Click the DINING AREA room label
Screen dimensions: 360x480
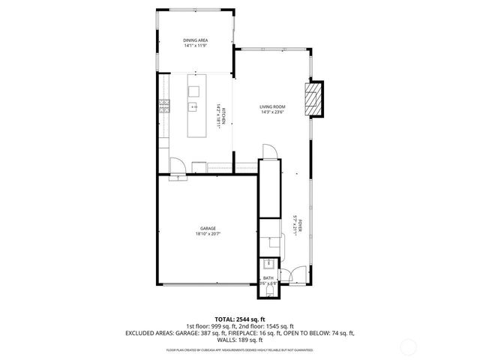[x=196, y=40]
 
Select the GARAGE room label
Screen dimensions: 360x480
[x=208, y=228]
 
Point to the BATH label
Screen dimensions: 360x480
[x=268, y=278]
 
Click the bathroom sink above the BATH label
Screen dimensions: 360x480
[x=267, y=263]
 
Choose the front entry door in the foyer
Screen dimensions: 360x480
[x=298, y=274]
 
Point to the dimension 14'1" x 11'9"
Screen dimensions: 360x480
[x=196, y=46]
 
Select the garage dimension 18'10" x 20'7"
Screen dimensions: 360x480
[x=208, y=234]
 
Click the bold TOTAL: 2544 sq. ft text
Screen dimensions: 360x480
[x=240, y=319]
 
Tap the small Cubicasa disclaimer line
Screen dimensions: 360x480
[x=240, y=349]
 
